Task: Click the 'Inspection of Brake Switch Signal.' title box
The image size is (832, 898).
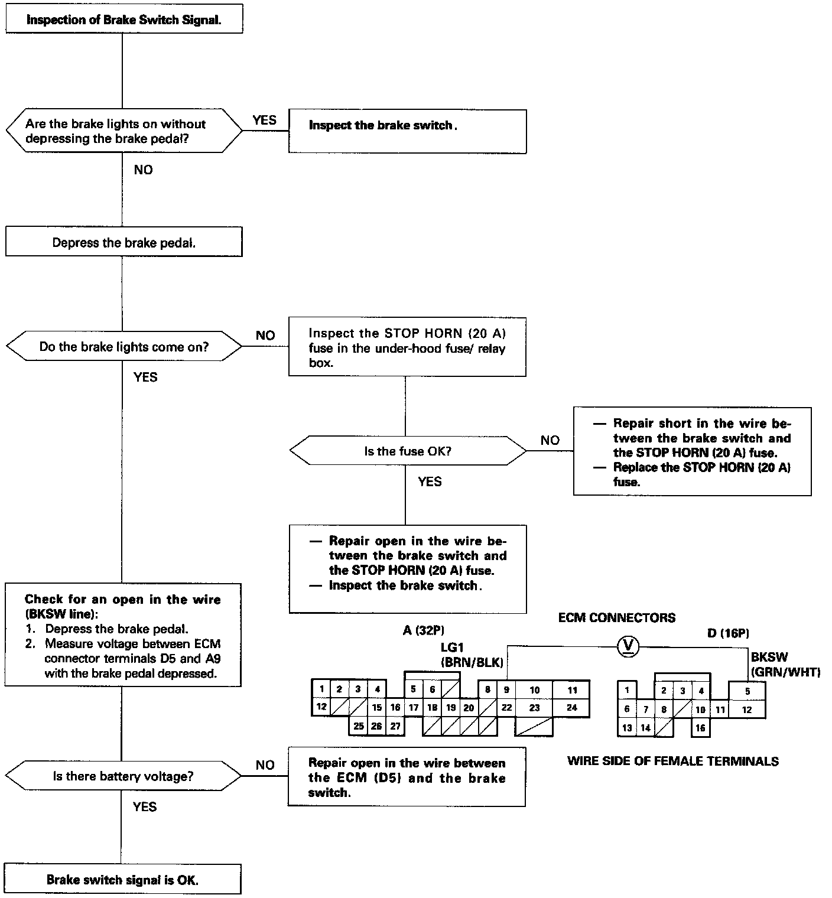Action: (x=123, y=19)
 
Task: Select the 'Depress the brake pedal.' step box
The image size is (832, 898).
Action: (x=123, y=242)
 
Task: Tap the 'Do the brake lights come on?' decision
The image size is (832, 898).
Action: (x=123, y=347)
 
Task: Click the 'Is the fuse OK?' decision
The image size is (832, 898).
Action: (x=407, y=451)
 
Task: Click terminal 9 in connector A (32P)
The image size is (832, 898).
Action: (x=506, y=689)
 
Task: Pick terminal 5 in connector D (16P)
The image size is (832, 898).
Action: (x=747, y=691)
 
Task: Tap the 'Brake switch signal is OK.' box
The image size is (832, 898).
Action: (x=122, y=880)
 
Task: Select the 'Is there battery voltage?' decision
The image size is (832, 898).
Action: (x=123, y=776)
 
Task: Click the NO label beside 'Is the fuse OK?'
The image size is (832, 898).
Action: (x=550, y=440)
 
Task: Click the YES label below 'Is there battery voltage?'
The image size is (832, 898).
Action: (x=145, y=807)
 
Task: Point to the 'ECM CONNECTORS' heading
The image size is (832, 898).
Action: (x=616, y=618)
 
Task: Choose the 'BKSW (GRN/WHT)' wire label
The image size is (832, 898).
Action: (x=785, y=664)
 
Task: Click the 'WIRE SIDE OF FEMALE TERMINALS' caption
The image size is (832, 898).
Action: (x=672, y=762)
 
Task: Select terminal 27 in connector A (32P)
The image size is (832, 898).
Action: (x=395, y=726)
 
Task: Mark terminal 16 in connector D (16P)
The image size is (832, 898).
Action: (x=700, y=728)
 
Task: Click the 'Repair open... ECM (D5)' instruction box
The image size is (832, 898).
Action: (x=407, y=777)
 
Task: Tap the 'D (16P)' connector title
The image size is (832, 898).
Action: (x=728, y=633)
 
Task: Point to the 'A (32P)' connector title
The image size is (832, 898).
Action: (x=423, y=630)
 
